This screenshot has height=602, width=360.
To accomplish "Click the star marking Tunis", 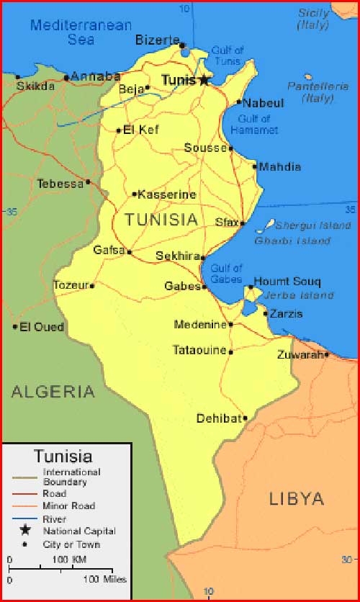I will coord(204,80).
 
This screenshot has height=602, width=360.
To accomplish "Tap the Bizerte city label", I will coord(156,40).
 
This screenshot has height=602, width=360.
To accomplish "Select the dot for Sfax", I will coord(243,223).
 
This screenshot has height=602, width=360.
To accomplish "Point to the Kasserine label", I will coord(167,194).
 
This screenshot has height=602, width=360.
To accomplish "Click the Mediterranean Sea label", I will coord(81,32).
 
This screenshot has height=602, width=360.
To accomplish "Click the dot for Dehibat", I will coord(245,418).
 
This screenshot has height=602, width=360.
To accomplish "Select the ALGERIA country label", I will coord(53,392).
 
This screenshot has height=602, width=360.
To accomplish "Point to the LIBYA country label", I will coord(297,498).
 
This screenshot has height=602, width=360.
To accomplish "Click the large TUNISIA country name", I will coord(161,220).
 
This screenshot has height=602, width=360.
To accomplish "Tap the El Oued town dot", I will coord(14,327).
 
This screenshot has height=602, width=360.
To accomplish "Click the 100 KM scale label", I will coord(70,560).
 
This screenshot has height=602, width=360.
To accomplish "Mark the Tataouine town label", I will coord(199,351).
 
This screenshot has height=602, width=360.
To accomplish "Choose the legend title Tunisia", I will coord(63,456).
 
